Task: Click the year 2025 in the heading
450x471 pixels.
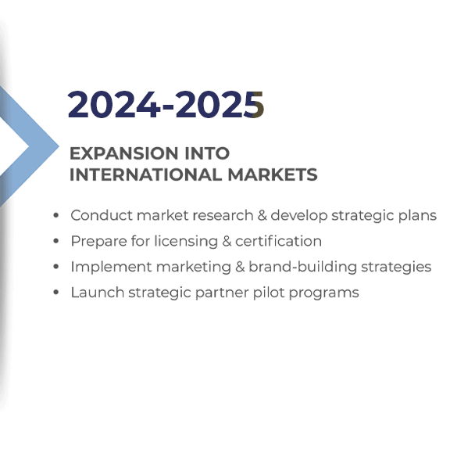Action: click(x=220, y=105)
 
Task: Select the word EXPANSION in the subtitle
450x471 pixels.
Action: click(x=123, y=153)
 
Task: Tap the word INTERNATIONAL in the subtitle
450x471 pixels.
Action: click(x=145, y=174)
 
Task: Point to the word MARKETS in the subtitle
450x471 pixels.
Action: click(x=273, y=174)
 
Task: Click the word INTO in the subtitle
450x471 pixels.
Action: click(x=207, y=153)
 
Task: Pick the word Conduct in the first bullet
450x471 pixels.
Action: click(x=102, y=215)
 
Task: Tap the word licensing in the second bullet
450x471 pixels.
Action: click(x=186, y=242)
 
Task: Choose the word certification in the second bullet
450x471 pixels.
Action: click(x=278, y=241)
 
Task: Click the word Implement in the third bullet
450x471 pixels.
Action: click(x=111, y=267)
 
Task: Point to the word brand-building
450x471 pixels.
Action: click(x=302, y=267)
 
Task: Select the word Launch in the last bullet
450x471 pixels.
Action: click(x=98, y=293)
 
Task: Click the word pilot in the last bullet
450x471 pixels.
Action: click(x=269, y=293)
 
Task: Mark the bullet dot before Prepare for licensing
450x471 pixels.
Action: click(x=55, y=241)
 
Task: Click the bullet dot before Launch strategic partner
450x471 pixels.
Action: click(x=55, y=293)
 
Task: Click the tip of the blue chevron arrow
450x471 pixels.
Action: click(x=59, y=146)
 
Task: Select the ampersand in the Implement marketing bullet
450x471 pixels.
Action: click(x=240, y=267)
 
